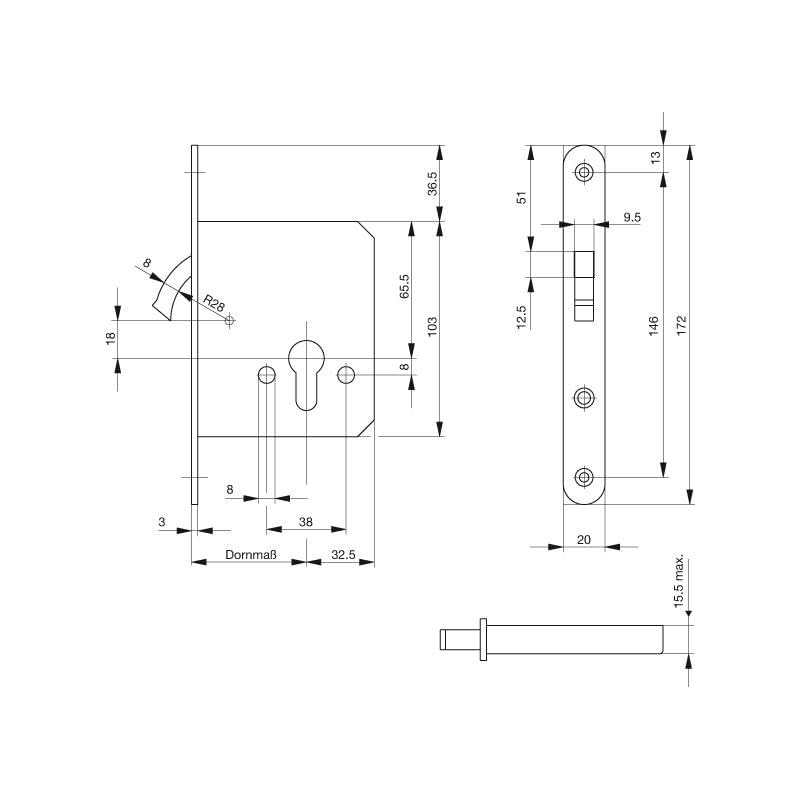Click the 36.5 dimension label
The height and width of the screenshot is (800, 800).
(432, 184)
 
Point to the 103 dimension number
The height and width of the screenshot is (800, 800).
(432, 328)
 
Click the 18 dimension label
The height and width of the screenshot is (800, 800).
(110, 338)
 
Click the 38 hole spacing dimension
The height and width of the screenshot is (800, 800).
(306, 521)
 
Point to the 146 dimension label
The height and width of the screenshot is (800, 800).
(652, 325)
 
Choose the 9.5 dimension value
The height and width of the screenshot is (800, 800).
(632, 216)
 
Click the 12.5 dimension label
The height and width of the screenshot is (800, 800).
(522, 316)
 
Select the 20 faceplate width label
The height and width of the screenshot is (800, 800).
(584, 539)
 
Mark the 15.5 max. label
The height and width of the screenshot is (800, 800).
(678, 581)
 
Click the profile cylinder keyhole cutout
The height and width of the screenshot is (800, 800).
(306, 372)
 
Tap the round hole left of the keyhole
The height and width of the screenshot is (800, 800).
(266, 375)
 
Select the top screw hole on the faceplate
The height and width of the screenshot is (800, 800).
(585, 172)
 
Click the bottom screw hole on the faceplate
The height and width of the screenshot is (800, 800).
(585, 477)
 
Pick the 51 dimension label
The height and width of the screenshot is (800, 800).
(522, 198)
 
